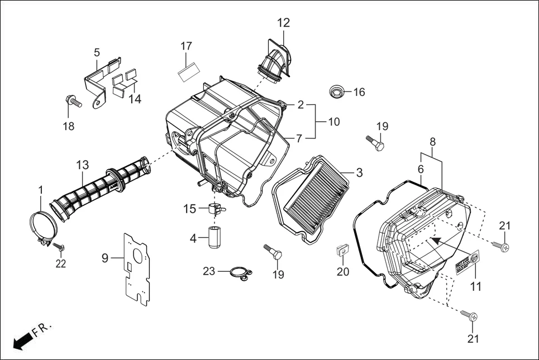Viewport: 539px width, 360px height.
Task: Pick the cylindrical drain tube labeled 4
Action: click(x=215, y=238)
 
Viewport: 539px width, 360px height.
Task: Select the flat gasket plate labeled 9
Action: click(x=137, y=268)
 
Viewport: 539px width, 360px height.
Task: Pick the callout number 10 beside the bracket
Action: click(x=333, y=122)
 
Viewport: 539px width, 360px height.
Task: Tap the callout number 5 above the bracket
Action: click(x=97, y=52)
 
